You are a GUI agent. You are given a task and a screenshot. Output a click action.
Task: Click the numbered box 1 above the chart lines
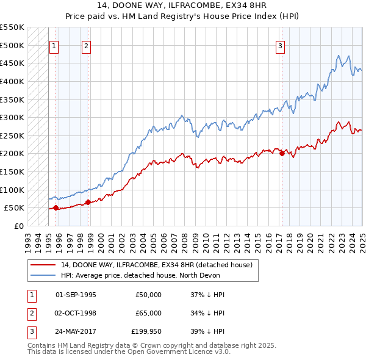54,45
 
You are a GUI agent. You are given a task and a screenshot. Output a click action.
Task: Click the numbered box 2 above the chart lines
86,45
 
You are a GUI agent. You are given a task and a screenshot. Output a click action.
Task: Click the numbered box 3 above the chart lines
280,45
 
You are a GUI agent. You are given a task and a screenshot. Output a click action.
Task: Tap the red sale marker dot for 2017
282,154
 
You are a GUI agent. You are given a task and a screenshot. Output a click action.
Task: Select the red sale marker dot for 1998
88,202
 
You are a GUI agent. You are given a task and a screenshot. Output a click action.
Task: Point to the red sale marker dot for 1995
56,207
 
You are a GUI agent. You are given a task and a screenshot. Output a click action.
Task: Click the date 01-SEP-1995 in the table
76,295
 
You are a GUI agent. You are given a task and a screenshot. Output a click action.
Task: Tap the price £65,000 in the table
149,313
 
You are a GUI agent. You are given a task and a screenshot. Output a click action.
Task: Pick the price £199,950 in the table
147,331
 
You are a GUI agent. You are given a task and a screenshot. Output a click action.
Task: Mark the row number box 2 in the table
31,313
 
